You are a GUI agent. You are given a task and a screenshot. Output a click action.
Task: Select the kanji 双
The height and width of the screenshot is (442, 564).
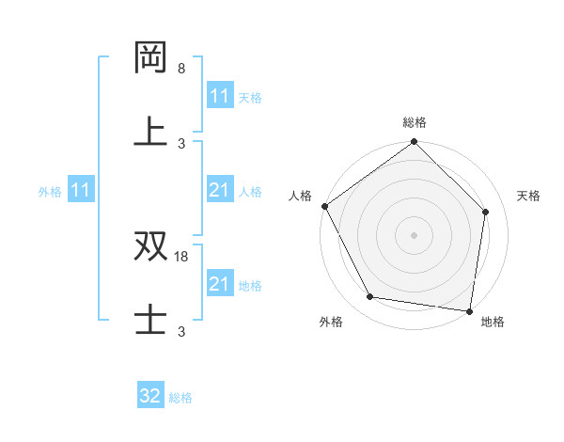click(x=151, y=245)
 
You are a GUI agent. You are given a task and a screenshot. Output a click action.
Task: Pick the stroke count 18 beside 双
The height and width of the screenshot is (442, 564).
click(x=183, y=257)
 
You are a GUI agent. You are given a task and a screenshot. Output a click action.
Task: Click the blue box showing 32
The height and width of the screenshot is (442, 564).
click(x=150, y=396)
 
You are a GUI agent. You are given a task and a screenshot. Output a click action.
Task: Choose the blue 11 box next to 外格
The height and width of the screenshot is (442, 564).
click(x=81, y=190)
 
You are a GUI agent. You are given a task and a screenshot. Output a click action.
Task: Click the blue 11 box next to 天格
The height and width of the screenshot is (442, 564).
click(x=219, y=96)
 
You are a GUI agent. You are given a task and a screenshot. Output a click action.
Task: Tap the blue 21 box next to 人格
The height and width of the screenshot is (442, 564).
click(x=219, y=190)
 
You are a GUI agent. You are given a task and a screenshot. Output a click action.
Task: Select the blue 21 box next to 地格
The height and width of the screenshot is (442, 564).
click(x=219, y=284)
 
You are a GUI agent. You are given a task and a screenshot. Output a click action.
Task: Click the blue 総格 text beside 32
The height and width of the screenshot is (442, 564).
click(x=180, y=397)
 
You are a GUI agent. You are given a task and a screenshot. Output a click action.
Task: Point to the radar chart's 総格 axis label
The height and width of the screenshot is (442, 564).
click(x=415, y=122)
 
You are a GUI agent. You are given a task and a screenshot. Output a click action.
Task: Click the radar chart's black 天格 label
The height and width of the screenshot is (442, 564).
click(x=529, y=196)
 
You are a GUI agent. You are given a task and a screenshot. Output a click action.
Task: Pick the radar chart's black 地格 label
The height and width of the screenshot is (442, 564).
click(x=493, y=323)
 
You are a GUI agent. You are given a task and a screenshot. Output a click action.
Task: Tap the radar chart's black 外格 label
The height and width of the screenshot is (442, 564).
click(x=331, y=323)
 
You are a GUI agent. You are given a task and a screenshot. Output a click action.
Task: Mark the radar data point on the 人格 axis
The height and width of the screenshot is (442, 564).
click(x=324, y=206)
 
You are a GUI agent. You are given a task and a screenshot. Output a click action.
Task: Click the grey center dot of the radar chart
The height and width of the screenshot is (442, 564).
click(x=415, y=235)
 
